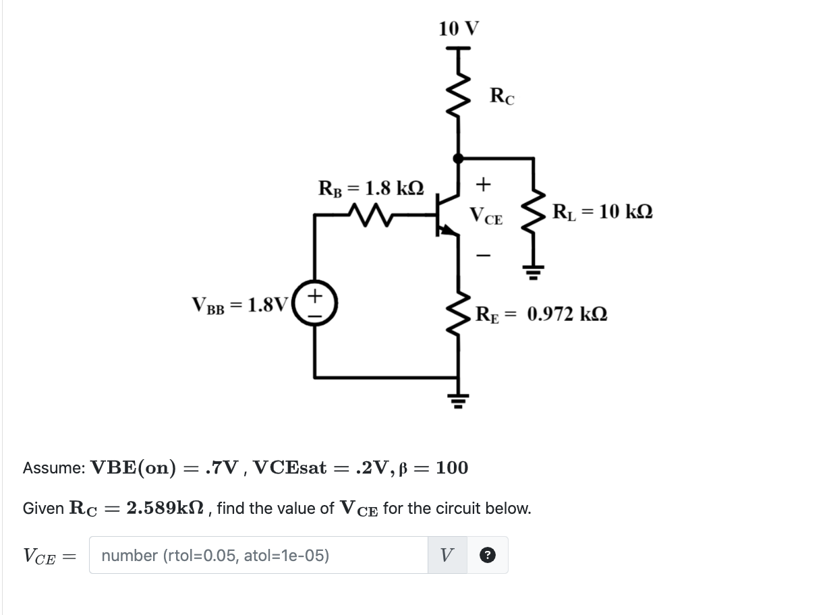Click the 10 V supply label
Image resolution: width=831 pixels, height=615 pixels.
click(458, 28)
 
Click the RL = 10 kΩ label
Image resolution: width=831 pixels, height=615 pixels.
click(602, 212)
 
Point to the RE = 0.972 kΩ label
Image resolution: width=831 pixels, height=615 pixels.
click(542, 314)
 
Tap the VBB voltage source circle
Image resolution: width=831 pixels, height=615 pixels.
click(315, 304)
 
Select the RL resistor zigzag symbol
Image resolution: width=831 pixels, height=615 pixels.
click(534, 213)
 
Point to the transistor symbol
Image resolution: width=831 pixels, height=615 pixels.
click(446, 216)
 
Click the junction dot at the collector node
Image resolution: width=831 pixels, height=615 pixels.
click(459, 158)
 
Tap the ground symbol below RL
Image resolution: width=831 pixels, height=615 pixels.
click(534, 272)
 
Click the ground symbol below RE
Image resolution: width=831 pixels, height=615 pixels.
click(459, 401)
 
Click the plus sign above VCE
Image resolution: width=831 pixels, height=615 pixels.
click(484, 183)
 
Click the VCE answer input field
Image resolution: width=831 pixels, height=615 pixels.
click(258, 555)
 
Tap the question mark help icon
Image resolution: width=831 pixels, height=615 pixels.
click(488, 556)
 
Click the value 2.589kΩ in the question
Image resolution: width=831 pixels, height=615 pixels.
click(167, 508)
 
